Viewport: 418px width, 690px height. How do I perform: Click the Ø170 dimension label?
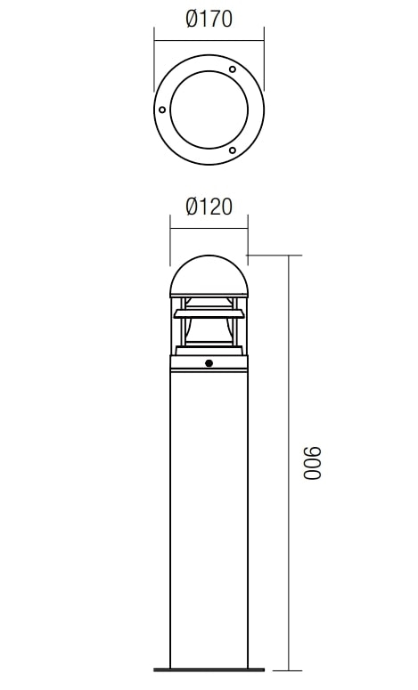pyautogui.click(x=209, y=20)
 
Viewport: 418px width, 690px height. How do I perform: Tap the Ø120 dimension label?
pyautogui.click(x=209, y=207)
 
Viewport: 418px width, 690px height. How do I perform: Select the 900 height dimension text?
pyautogui.click(x=313, y=463)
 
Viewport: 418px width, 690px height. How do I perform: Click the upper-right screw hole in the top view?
pyautogui.click(x=232, y=69)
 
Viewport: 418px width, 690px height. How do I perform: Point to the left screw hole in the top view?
pyautogui.click(x=162, y=110)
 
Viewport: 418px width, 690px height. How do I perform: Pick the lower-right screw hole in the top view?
pyautogui.click(x=232, y=150)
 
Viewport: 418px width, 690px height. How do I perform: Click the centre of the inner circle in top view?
pyautogui.click(x=209, y=110)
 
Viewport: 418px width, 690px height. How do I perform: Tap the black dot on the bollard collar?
pyautogui.click(x=209, y=363)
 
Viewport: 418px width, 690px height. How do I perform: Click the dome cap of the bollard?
pyautogui.click(x=209, y=275)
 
